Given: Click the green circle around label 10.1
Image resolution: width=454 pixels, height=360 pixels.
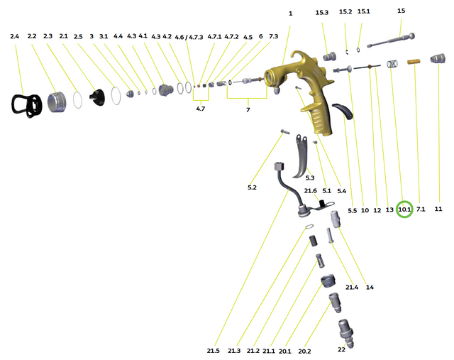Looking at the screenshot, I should coord(404,209).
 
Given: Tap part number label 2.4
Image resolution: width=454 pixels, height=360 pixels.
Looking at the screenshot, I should coord(15,36).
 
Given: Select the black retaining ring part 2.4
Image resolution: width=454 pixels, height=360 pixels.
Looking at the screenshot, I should coord(28,105).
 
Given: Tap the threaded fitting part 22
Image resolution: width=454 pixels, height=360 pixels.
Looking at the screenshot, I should coord(345,332).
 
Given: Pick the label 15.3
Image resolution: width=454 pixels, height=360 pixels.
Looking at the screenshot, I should coord(322,13).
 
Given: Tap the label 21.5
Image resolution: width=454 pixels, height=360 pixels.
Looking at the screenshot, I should coord(214,350).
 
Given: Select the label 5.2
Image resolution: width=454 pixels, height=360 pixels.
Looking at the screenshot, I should coord(252,187).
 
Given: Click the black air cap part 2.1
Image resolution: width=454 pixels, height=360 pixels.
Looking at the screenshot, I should coord(97,99).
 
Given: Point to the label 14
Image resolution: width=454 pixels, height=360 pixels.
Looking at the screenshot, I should coord(370,288).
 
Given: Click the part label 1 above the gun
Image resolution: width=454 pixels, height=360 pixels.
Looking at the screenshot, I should coord(290,13).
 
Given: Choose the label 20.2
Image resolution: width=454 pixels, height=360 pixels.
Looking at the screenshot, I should coord(304,350).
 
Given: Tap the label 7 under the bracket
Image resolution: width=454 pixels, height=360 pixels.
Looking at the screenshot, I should coord(248,110).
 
